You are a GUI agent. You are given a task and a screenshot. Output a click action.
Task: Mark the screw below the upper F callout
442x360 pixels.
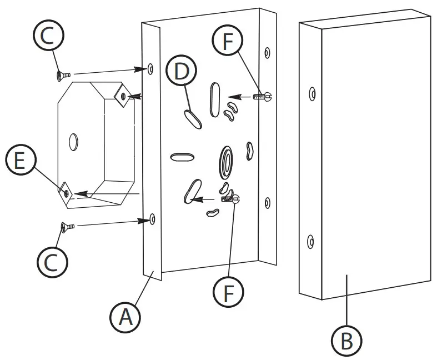point(263,96)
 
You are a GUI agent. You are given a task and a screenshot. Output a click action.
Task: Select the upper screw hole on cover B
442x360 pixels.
point(313,94)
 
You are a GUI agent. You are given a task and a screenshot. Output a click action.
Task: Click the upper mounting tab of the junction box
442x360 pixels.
point(122,96)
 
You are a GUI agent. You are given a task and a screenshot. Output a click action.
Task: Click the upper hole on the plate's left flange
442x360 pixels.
point(150,68)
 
